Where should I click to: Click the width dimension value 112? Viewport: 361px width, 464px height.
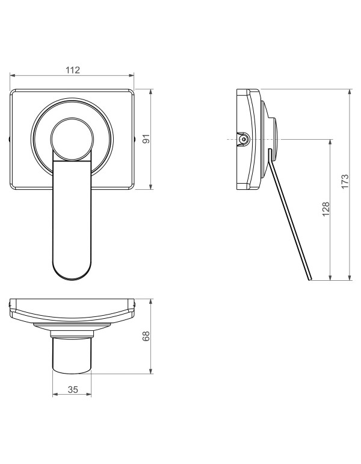(72, 70)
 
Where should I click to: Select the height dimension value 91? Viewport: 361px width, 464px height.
(146, 139)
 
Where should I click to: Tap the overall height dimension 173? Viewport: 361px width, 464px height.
(344, 181)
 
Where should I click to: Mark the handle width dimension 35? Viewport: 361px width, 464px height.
(72, 390)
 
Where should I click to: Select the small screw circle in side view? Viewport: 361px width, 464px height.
(244, 139)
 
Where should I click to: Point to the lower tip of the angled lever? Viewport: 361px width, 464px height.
(309, 280)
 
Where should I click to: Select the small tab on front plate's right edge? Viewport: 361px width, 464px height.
(134, 139)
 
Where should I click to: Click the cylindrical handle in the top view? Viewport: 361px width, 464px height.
(72, 356)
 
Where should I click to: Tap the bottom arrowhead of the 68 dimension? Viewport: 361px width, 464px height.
(152, 372)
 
